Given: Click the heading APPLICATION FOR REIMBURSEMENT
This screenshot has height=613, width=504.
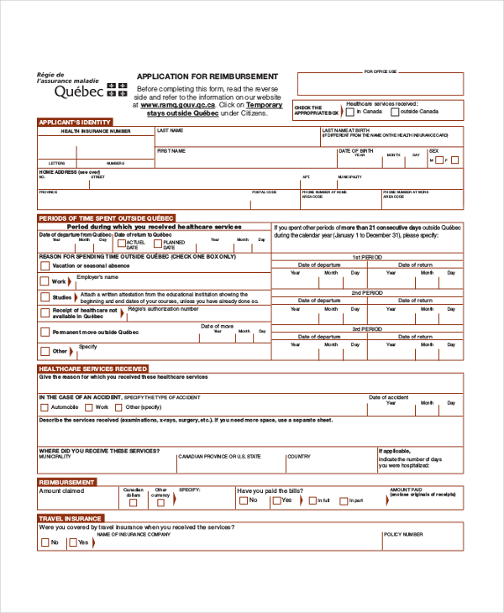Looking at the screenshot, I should click(207, 76).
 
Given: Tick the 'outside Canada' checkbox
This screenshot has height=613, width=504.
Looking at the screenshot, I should click(396, 112).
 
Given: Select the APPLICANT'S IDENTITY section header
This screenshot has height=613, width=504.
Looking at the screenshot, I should click(74, 123).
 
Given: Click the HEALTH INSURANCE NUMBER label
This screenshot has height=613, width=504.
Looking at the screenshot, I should click(95, 132).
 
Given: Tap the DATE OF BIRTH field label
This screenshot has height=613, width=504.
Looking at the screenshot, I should click(354, 151).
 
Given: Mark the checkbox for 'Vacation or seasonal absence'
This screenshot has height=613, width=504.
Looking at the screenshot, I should click(45, 265).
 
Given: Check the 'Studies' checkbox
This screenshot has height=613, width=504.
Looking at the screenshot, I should click(45, 297).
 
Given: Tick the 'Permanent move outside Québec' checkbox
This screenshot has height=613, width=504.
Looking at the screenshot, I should click(45, 333).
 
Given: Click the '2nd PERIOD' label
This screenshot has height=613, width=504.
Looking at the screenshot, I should click(367, 292).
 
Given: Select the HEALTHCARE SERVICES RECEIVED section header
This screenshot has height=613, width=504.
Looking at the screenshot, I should click(93, 368).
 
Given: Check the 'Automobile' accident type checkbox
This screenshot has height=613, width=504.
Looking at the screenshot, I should click(45, 407).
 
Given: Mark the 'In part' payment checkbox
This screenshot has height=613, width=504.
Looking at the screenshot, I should click(344, 500).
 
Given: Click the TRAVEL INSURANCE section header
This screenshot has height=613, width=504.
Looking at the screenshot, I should click(71, 518).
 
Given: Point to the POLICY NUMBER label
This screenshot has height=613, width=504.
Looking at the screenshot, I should click(403, 534).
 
